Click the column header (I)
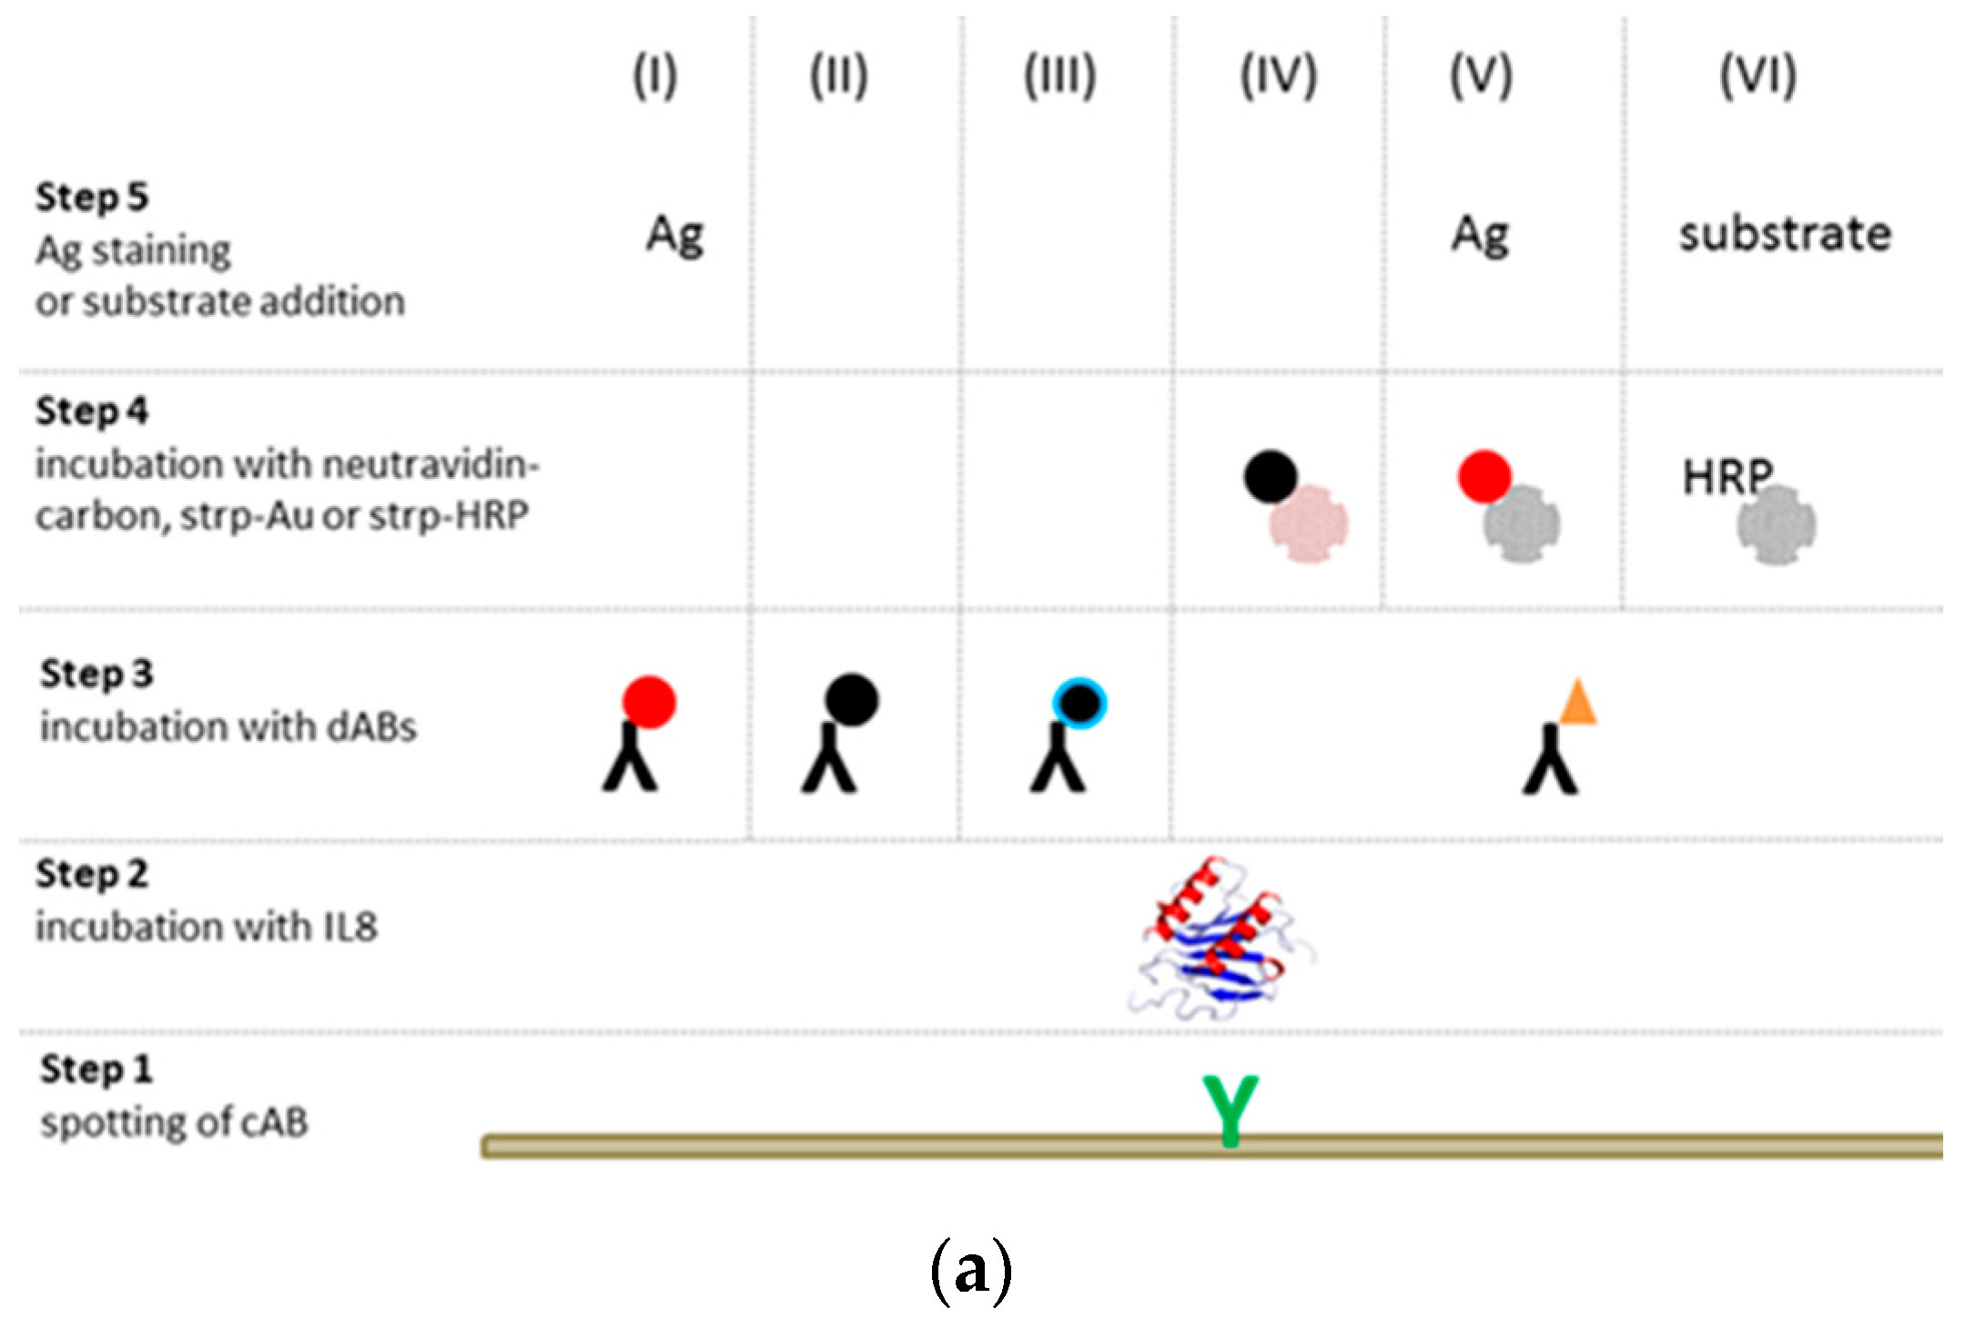point(655,76)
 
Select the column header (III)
point(1060,76)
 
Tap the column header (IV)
point(1279,76)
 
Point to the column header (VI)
point(1757,76)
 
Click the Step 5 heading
point(92,198)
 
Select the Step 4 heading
point(92,411)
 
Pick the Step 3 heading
point(96,675)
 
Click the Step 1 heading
point(96,1070)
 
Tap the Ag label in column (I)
point(674,237)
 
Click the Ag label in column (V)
point(1480,237)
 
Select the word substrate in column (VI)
point(1785,235)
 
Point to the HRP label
point(1727,476)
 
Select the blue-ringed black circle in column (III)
point(1079,704)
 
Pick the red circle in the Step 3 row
point(649,702)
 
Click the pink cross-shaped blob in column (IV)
point(1309,524)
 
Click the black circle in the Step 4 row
point(1271,477)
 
